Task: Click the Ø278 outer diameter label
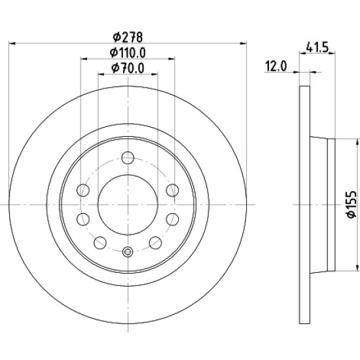pos(128,37)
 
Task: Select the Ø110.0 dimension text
pos(128,53)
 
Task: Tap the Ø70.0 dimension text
pos(128,68)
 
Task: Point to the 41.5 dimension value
pos(317,48)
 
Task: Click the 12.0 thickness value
pos(276,67)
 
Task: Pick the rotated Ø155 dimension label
pos(351,204)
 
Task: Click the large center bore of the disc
pos(128,205)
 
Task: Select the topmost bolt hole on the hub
pos(128,158)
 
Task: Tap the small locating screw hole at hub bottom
pos(128,252)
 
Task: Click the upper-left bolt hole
pos(83,190)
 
